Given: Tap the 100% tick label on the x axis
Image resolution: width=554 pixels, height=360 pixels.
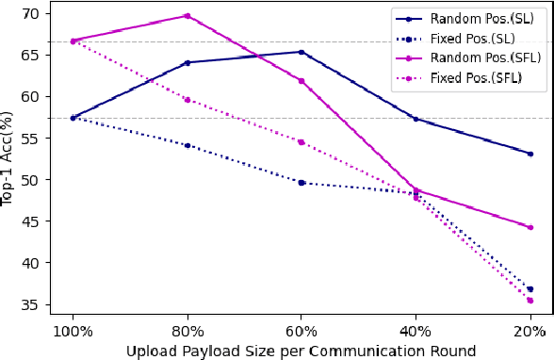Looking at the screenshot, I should [73, 332].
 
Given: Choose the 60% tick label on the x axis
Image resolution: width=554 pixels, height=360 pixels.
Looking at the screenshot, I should [301, 332].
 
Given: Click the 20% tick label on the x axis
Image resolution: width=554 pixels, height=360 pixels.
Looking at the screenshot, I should [530, 332].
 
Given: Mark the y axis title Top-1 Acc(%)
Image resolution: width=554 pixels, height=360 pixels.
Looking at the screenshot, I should [8, 158].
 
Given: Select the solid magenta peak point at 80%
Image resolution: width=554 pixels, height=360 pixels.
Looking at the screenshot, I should [187, 16].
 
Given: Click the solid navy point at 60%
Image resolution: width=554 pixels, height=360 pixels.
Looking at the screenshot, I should [301, 52].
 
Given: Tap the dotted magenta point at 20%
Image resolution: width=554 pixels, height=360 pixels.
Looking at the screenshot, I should [530, 301].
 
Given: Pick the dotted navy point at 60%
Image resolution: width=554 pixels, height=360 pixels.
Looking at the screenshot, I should [301, 182].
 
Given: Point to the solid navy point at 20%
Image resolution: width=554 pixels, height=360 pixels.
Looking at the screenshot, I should [530, 154].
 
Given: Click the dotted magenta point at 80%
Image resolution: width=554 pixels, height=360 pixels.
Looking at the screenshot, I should [187, 99].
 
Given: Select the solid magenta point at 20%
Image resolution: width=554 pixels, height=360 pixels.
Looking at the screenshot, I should [530, 227].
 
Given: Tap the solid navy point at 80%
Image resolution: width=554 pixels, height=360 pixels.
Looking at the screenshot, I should [187, 62].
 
